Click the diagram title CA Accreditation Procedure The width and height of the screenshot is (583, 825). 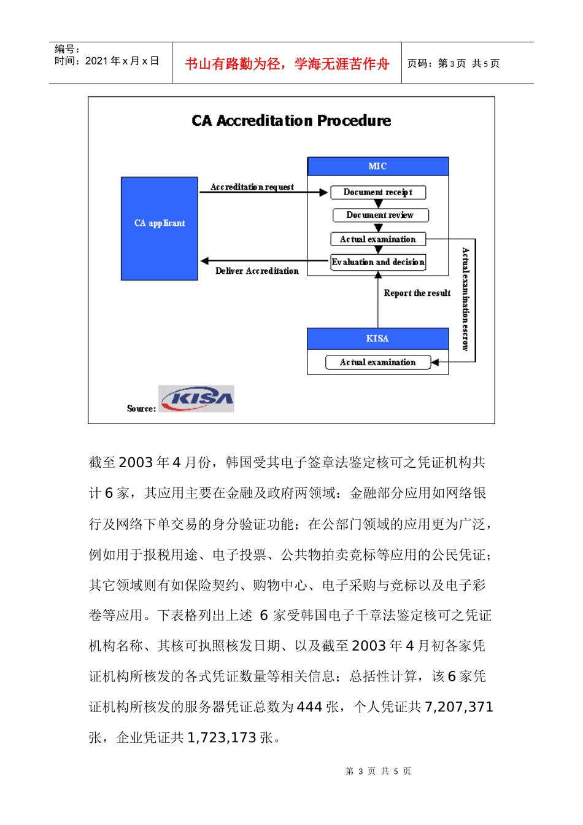[x=291, y=120]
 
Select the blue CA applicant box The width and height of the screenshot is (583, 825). [x=160, y=228]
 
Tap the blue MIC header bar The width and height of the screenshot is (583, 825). [x=377, y=166]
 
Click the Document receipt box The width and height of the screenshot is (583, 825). [x=378, y=192]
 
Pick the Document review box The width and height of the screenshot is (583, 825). [x=380, y=215]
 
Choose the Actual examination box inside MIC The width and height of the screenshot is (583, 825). [x=378, y=239]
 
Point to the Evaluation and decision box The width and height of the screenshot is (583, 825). [x=378, y=262]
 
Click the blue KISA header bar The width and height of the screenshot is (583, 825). [x=377, y=338]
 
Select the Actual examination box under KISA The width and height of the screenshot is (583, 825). [x=378, y=362]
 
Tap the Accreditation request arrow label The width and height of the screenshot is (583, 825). [x=252, y=187]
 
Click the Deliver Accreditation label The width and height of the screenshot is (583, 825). [x=257, y=271]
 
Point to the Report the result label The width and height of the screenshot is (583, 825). [x=417, y=293]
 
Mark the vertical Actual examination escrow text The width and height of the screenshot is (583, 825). [x=466, y=299]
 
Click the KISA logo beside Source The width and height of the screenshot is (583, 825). [x=196, y=399]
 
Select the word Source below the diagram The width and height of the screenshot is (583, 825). [x=141, y=409]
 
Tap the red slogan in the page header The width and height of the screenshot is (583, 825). [x=287, y=64]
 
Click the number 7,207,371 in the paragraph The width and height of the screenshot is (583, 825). [x=459, y=707]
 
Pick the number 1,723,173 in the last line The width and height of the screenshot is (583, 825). [x=222, y=738]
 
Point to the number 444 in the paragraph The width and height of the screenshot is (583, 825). [x=310, y=707]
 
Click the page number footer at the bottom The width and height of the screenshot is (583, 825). [x=378, y=771]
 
